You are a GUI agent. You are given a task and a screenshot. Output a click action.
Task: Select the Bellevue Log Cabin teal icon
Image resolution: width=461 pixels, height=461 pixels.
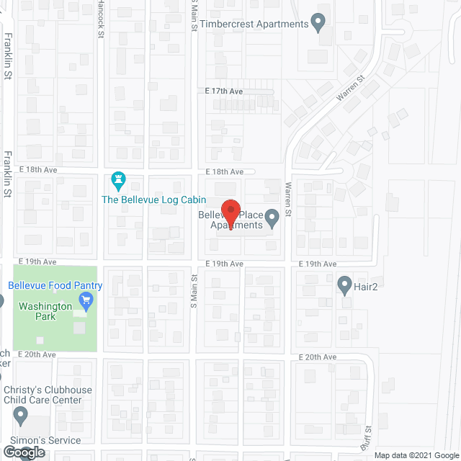(119, 179)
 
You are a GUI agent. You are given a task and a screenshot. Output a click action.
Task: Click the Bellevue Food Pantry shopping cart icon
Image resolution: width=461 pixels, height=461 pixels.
(87, 300)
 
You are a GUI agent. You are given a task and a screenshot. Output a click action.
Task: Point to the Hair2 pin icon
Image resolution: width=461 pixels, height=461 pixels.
(344, 285)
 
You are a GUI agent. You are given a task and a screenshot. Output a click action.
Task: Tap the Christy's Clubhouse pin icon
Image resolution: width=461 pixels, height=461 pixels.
(20, 416)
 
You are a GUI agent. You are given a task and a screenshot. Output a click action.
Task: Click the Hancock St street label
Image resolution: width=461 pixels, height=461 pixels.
(102, 14)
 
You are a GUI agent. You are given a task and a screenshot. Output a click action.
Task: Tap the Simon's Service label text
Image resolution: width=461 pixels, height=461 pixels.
(45, 440)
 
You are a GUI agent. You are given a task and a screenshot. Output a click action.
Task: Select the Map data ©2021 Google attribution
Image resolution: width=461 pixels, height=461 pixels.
(415, 455)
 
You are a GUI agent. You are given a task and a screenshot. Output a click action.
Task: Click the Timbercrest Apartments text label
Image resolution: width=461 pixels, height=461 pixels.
(255, 24)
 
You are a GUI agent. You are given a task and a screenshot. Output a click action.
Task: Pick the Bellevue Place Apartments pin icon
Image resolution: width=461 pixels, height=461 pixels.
(272, 218)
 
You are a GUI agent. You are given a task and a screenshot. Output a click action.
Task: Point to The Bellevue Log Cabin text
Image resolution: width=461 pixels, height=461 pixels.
(153, 200)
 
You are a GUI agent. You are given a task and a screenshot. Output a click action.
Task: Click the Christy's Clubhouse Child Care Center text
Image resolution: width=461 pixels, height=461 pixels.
(48, 395)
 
